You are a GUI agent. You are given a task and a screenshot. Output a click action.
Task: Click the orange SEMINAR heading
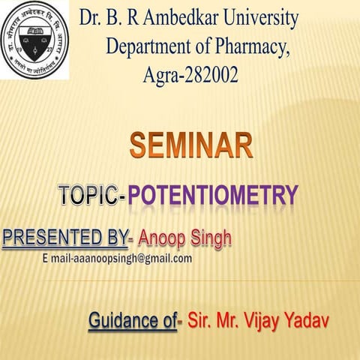click(x=190, y=145)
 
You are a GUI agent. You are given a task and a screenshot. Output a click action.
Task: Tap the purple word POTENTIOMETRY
click(x=212, y=196)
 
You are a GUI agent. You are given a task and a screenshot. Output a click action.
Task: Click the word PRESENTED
click(x=49, y=239)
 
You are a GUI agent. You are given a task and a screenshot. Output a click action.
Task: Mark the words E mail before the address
click(x=56, y=259)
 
